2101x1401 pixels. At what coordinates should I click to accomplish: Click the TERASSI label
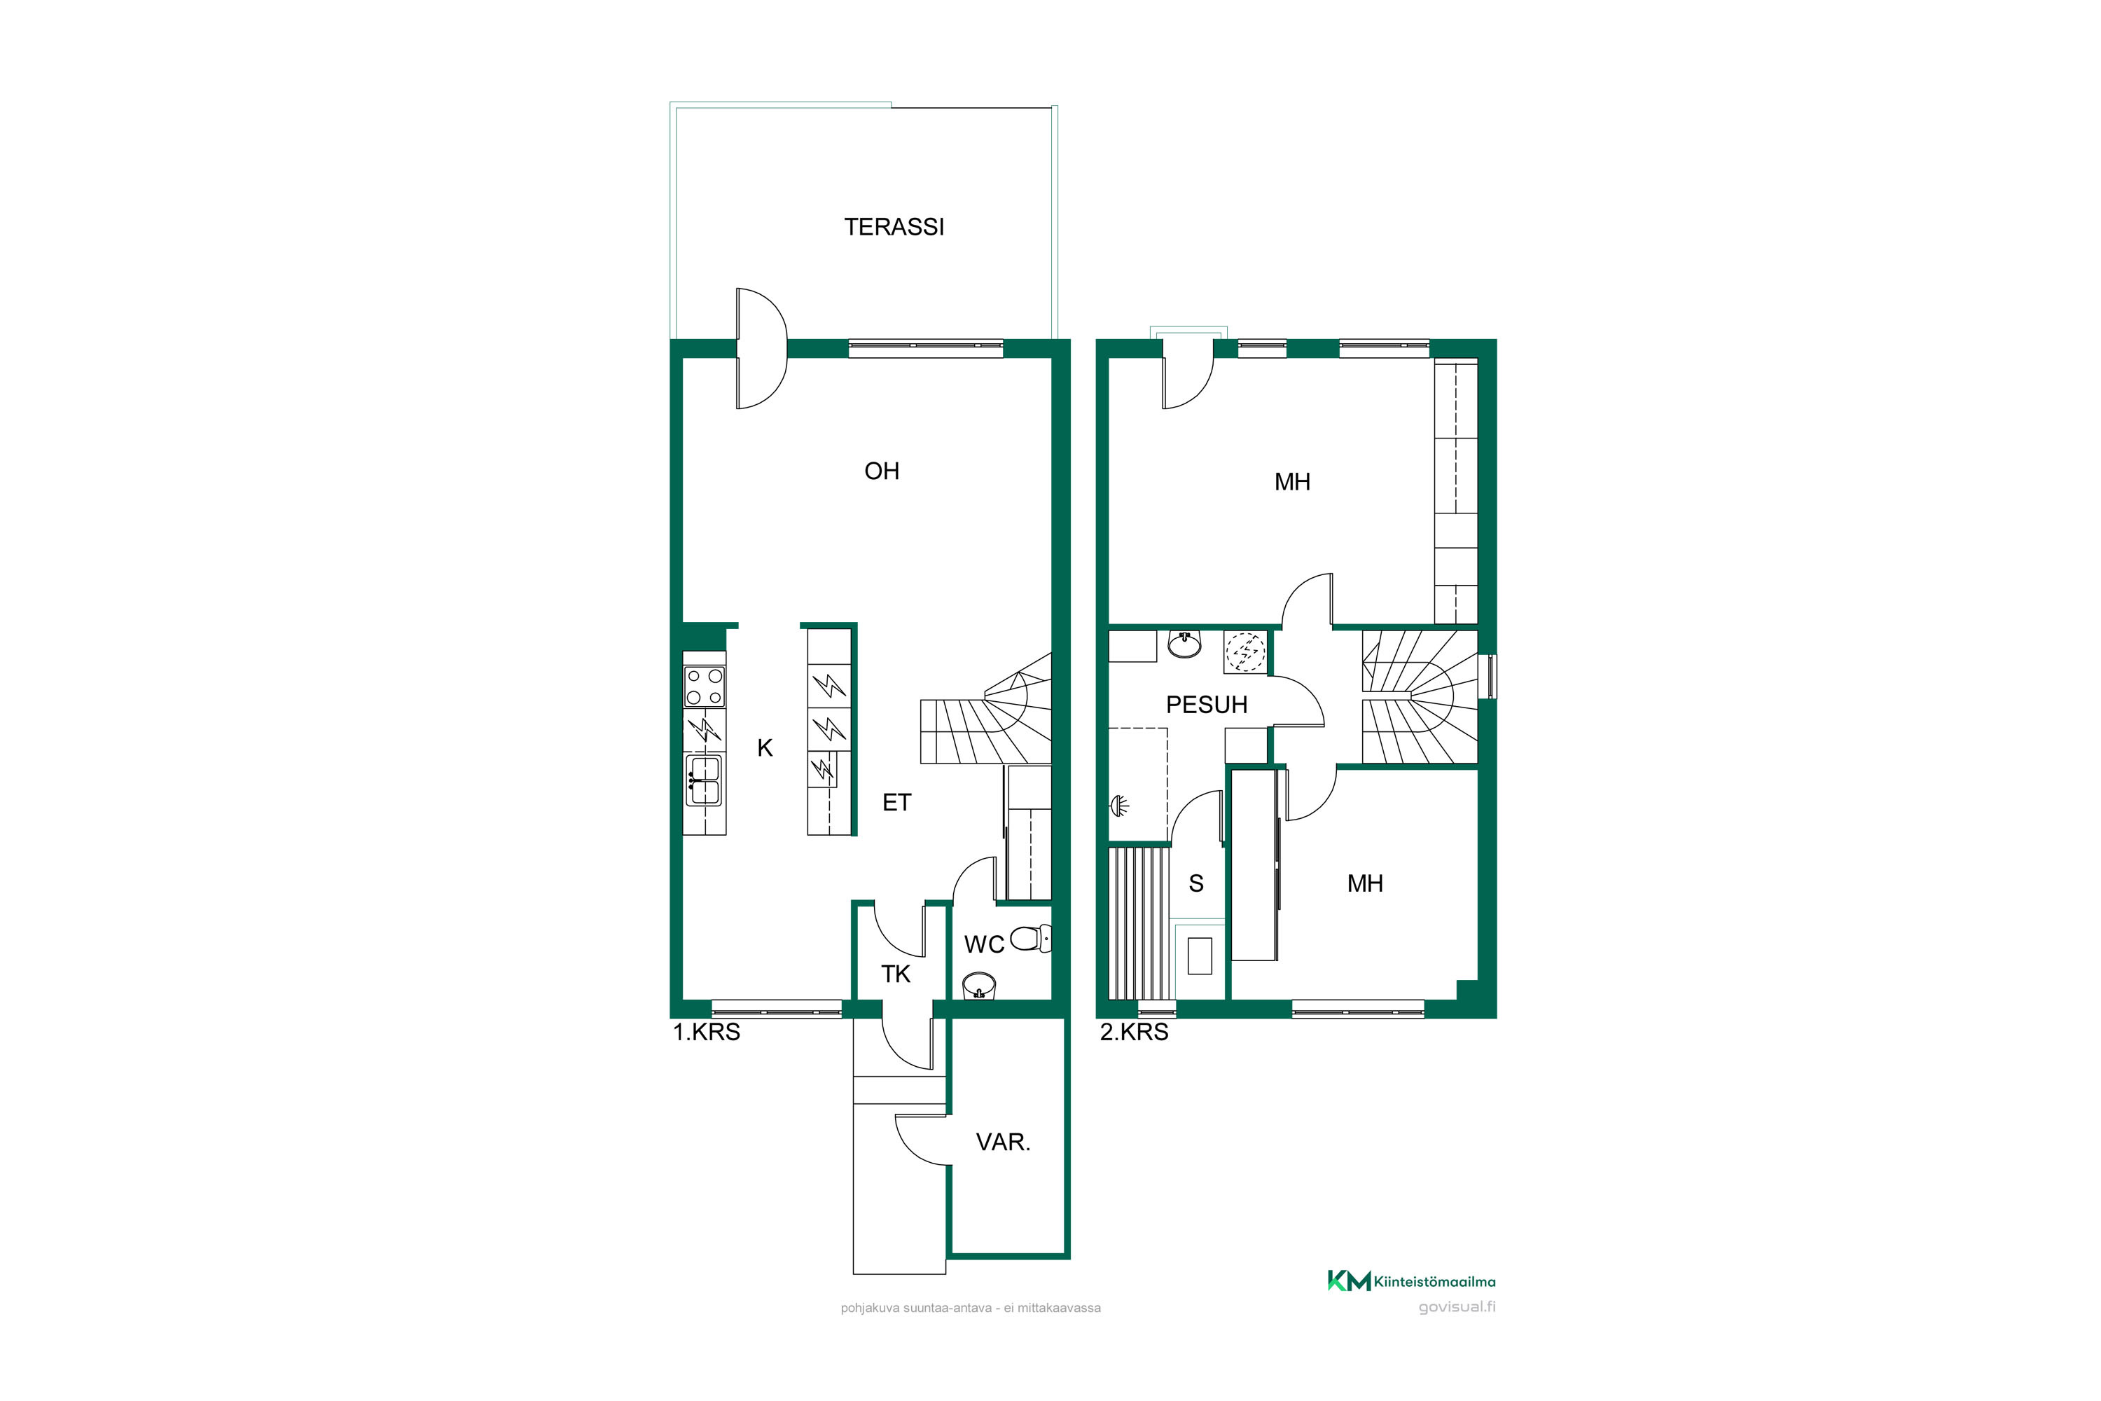[x=894, y=227]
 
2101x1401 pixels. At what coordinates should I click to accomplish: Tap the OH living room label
[x=882, y=471]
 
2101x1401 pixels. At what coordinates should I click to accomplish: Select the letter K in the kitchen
[x=765, y=748]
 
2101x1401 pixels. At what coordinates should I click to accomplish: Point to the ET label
[x=897, y=802]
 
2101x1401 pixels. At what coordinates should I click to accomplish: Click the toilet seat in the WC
[x=1031, y=938]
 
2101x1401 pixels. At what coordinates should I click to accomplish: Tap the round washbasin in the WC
[x=979, y=986]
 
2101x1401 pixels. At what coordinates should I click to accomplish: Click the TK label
[x=896, y=974]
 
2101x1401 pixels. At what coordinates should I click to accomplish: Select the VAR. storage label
[x=1003, y=1142]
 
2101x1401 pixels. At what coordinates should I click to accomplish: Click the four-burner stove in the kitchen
[x=704, y=686]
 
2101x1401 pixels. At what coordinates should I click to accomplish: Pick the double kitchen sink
[x=704, y=780]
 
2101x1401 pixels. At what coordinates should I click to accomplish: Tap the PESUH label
[x=1207, y=705]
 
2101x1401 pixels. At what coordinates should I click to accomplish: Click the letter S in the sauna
[x=1196, y=883]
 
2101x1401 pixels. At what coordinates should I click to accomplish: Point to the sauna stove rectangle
[x=1200, y=955]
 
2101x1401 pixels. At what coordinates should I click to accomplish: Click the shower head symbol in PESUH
[x=1119, y=806]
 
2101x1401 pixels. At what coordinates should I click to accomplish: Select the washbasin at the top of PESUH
[x=1184, y=643]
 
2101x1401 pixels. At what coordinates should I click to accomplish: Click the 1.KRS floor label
[x=707, y=1032]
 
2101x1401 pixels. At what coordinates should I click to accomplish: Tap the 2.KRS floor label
[x=1134, y=1032]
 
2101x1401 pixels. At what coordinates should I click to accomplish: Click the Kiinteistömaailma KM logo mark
[x=1349, y=1281]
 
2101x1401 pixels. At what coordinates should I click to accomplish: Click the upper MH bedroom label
[x=1293, y=483]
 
